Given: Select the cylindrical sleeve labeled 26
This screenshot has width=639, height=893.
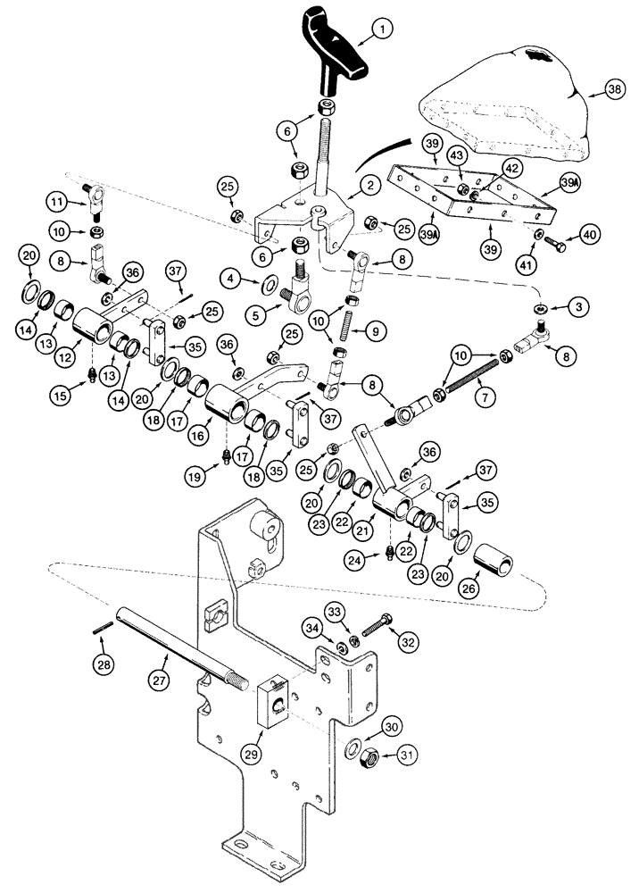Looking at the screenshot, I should pos(494,566).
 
